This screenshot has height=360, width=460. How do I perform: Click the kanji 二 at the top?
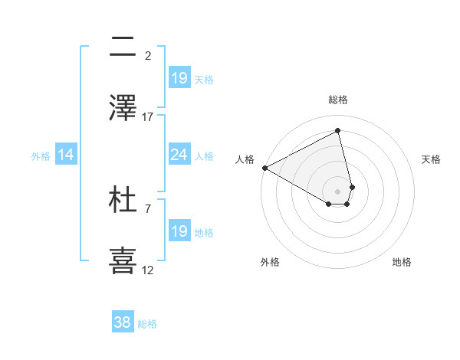pos(123,47)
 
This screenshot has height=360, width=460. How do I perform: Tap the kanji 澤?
pos(123,107)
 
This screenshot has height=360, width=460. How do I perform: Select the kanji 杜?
pos(123,199)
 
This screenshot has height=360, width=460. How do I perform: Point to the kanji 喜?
pos(123,260)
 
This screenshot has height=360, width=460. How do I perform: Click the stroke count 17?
pos(148,116)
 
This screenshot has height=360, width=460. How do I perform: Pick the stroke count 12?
pos(148,270)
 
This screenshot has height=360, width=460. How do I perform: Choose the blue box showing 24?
pos(179,155)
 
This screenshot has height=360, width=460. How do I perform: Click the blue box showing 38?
pos(122,322)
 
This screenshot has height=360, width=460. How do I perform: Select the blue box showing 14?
pos(65,155)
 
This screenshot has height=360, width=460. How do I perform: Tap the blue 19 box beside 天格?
pos(179,78)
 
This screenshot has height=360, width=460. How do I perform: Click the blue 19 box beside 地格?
pos(179,231)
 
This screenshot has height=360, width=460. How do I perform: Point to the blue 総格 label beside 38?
pos(147,324)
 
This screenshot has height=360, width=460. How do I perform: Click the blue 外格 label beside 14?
pos(41,156)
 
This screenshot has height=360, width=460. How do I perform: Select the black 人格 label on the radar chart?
pos(245,159)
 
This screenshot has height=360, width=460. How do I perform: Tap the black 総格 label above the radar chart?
pos(338,100)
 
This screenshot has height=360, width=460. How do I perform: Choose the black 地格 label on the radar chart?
pos(402,262)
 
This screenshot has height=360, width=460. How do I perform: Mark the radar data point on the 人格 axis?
pos(264,168)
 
